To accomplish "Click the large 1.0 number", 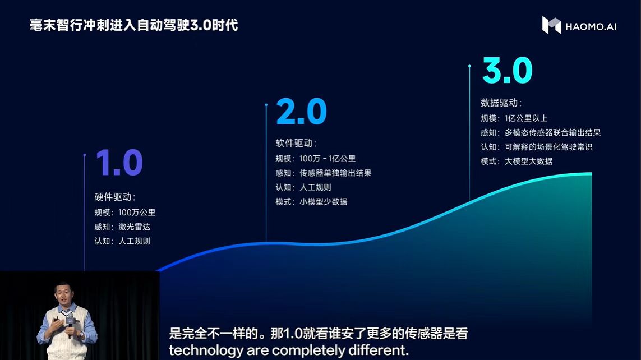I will pyautogui.click(x=119, y=163).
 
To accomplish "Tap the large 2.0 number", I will pyautogui.click(x=301, y=112).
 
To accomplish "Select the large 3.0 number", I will pyautogui.click(x=507, y=71).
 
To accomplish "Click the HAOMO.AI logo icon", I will pyautogui.click(x=551, y=25).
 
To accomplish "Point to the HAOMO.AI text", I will pyautogui.click(x=591, y=26).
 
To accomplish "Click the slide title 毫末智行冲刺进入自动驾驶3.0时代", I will pyautogui.click(x=134, y=25).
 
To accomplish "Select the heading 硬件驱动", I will pyautogui.click(x=115, y=197).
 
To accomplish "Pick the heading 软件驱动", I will pyautogui.click(x=296, y=144).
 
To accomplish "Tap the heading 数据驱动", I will pyautogui.click(x=501, y=103).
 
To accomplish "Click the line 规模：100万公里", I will pyautogui.click(x=125, y=213).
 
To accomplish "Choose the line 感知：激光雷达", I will pyautogui.click(x=123, y=227).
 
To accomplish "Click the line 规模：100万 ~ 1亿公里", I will pyautogui.click(x=316, y=159).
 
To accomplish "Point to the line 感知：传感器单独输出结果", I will pyautogui.click(x=324, y=173).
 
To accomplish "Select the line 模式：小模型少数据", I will pyautogui.click(x=311, y=202).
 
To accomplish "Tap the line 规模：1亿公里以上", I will pyautogui.click(x=514, y=118).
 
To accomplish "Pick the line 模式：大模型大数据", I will pyautogui.click(x=517, y=161).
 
